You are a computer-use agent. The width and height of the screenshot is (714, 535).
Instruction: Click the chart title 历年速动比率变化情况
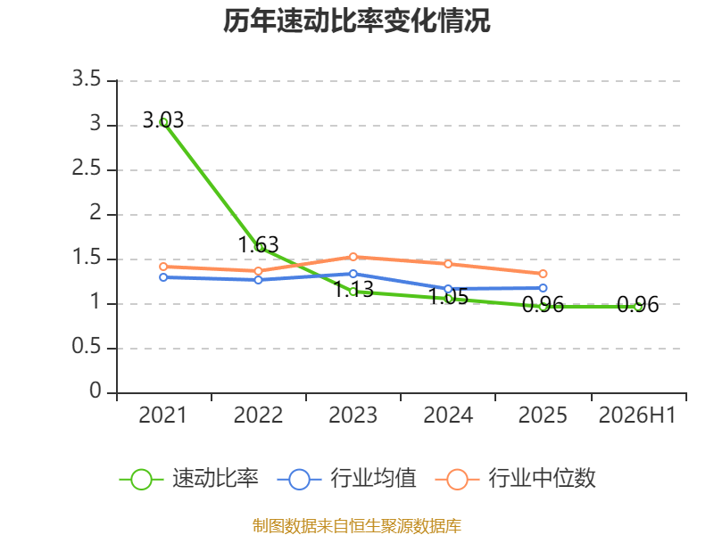356,21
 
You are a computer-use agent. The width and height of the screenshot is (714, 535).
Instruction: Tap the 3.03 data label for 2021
163,120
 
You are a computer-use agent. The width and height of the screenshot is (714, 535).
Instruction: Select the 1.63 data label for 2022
258,244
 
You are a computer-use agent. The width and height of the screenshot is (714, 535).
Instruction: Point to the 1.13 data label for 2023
353,289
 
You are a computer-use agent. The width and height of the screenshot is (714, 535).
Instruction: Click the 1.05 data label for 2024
449,297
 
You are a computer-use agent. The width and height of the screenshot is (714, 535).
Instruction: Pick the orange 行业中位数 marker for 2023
353,257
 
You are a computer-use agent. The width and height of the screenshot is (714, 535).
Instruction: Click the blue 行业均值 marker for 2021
163,277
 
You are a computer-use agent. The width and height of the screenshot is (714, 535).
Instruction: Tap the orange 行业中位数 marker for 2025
543,274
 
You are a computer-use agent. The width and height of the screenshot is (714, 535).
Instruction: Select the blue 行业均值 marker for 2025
543,288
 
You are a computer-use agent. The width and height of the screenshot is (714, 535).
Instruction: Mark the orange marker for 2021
163,267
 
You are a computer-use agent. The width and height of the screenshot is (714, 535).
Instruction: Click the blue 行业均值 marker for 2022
258,280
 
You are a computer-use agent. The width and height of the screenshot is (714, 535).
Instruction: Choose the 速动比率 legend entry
189,479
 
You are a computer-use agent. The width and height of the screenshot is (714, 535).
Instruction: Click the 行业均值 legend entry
346,479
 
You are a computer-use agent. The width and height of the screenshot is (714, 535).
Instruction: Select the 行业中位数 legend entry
516,479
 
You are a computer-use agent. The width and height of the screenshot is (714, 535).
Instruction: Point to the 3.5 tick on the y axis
87,78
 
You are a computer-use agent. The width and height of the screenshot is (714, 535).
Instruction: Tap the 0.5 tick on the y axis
87,346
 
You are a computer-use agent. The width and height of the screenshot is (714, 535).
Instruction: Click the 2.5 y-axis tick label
87,168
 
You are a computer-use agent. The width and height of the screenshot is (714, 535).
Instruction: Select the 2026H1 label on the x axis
637,415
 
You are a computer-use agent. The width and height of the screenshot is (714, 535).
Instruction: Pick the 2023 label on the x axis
353,415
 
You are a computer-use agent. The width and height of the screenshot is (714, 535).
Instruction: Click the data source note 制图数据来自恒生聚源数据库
357,526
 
